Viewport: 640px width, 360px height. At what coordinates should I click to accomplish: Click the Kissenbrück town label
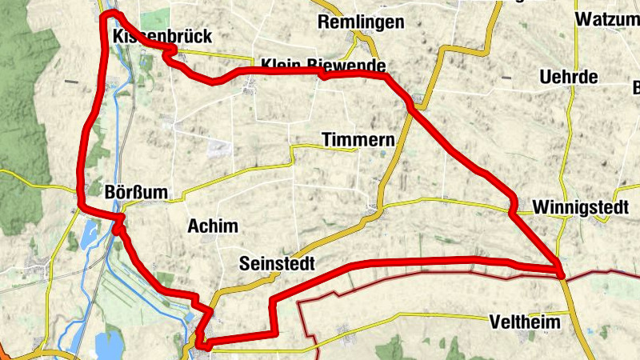point(151,37)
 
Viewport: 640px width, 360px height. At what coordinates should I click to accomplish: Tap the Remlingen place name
point(361,22)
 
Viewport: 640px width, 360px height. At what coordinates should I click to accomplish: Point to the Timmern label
point(358,140)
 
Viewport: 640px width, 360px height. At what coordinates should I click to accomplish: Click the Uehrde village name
point(569,78)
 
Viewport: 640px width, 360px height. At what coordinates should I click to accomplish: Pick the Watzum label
point(606,18)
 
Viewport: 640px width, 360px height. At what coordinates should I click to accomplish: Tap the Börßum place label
point(134,193)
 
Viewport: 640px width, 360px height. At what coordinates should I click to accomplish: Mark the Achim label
point(212,226)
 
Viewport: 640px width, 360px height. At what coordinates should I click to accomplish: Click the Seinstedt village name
point(277,263)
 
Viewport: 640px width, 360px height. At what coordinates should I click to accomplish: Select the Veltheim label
point(524,321)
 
